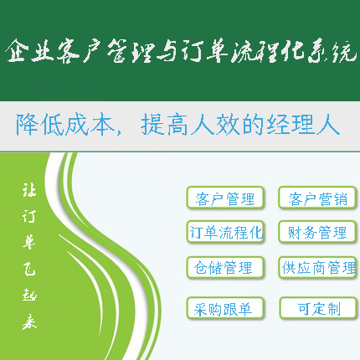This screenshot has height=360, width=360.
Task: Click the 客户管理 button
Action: (224, 198)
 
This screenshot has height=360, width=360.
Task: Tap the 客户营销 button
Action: (318, 198)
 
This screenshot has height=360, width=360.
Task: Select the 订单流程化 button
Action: (224, 232)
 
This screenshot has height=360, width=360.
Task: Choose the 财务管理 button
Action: (318, 232)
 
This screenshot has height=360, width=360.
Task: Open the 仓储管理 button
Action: (224, 268)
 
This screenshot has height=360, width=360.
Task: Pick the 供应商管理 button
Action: (318, 268)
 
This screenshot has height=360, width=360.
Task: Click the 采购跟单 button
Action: (224, 308)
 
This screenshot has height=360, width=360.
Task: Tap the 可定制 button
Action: (318, 308)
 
